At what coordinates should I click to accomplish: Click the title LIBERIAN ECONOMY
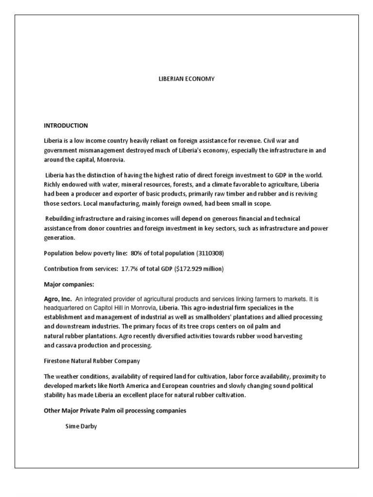186,79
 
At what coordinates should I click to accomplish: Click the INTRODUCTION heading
66,126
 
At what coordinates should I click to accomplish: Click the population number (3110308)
210,253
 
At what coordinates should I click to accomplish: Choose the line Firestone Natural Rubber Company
91,361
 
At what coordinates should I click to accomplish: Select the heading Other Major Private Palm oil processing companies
115,411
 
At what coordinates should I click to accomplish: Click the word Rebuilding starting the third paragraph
61,219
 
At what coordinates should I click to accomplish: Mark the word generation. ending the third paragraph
59,238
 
